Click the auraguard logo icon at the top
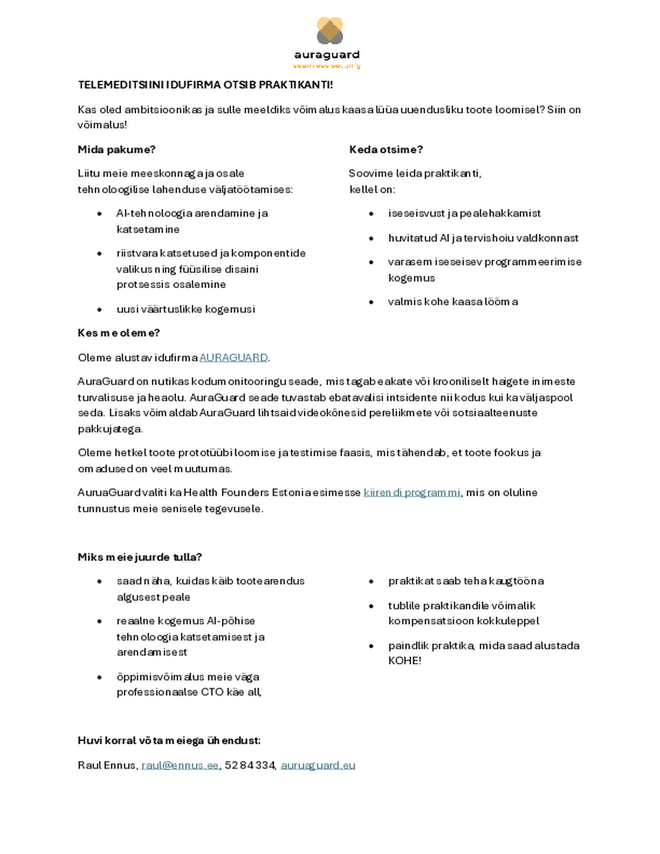329,31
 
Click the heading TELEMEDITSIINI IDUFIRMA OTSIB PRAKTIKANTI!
205,85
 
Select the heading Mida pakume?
116,149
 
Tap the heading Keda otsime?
386,149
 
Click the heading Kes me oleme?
118,333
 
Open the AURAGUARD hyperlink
233,358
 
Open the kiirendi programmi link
412,492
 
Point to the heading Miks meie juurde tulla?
140,557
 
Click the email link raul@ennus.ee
179,765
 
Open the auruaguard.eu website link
318,765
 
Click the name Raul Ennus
107,765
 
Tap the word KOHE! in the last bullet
405,661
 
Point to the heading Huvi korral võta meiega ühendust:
168,741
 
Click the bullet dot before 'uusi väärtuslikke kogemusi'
100,309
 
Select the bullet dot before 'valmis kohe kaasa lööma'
371,302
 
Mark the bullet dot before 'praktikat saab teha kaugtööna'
371,582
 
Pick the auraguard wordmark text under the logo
327,55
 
